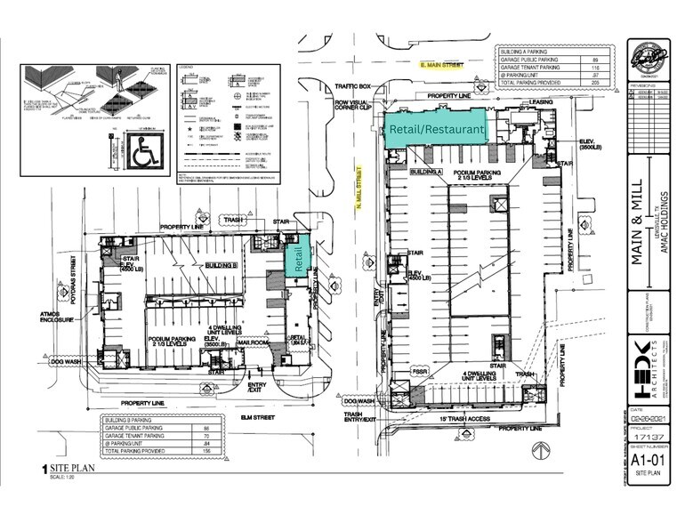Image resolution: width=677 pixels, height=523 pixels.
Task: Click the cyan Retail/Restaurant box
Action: pyautogui.click(x=436, y=128)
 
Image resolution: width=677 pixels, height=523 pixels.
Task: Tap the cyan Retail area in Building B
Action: pyautogui.click(x=297, y=257)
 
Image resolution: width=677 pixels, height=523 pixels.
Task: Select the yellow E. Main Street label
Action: pyautogui.click(x=444, y=66)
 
